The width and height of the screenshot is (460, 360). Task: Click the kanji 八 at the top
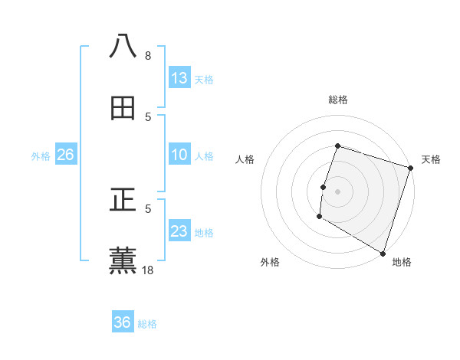(123, 46)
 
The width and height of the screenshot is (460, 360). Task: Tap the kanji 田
(123, 108)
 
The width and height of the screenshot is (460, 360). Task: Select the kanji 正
(123, 200)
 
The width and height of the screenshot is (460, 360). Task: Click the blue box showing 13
(179, 78)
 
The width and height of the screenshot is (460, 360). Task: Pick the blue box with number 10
(179, 155)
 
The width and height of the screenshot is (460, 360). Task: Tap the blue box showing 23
(179, 231)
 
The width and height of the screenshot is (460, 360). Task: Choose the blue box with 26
(65, 155)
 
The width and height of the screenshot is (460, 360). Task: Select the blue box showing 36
(123, 322)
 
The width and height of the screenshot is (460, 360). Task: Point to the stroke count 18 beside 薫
(148, 270)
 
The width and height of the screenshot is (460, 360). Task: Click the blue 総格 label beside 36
(147, 324)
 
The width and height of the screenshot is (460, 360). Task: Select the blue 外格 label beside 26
(41, 156)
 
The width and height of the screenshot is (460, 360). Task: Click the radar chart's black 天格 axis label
(431, 159)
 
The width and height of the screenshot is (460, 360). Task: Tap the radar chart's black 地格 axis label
(402, 262)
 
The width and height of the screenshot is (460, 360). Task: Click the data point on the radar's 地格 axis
(382, 252)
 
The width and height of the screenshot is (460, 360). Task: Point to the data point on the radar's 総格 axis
(337, 146)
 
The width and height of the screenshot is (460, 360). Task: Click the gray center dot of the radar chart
(337, 191)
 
